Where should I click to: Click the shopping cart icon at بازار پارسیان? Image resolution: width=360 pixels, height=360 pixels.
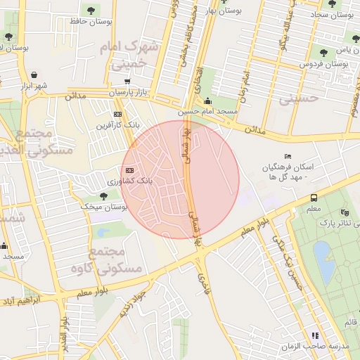(127, 82)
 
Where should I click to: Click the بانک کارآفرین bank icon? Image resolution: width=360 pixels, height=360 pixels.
(117, 114)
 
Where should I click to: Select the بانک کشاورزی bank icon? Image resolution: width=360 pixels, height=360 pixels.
(129, 170)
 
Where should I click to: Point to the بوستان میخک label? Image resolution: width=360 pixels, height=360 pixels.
(103, 207)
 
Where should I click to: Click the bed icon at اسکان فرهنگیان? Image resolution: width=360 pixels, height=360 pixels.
(287, 156)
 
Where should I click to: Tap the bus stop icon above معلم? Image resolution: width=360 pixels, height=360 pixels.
(314, 198)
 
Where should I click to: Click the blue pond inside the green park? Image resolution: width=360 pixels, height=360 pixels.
(324, 262)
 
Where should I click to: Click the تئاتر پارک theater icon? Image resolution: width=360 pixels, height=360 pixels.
(344, 212)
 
